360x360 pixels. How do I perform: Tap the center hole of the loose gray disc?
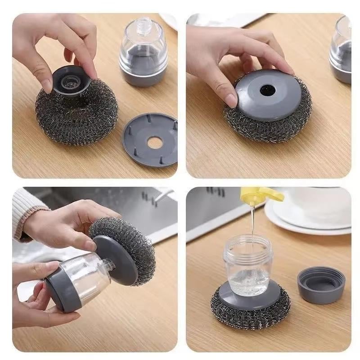154,143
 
